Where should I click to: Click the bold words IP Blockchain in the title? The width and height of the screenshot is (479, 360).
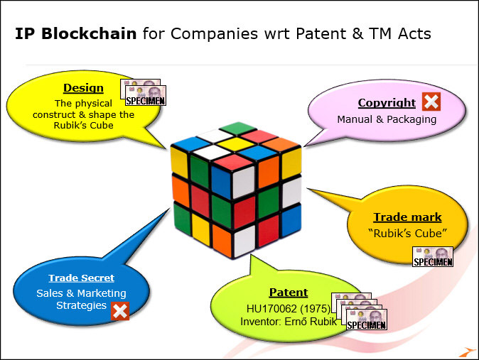[x=75, y=33]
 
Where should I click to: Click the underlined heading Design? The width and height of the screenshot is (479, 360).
[x=83, y=88]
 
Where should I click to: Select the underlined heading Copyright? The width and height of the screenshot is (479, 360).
[x=387, y=103]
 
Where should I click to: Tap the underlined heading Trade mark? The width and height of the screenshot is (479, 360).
[x=407, y=217]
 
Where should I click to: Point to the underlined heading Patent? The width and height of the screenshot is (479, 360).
[x=288, y=292]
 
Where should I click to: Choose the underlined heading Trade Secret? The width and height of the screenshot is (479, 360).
[x=81, y=278]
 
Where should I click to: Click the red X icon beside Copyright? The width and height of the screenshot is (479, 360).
[x=431, y=102]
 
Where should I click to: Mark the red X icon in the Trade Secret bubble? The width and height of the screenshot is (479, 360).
[x=120, y=310]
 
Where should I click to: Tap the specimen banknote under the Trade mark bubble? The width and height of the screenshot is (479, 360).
[x=433, y=257]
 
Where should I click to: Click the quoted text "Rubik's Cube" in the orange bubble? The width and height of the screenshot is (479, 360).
[x=408, y=233]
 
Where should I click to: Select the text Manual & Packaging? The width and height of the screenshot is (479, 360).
[x=387, y=119]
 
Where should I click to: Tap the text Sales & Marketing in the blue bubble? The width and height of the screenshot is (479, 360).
[x=81, y=293]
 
